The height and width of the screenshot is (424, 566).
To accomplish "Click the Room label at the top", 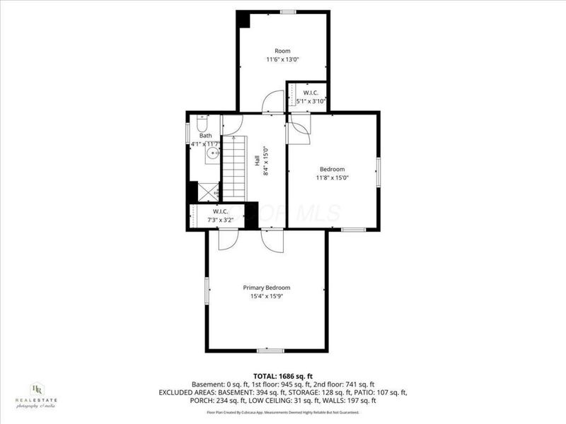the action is (282, 51).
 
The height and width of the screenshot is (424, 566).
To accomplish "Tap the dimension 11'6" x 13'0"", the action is (282, 59).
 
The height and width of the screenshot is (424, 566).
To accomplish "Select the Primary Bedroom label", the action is (267, 288).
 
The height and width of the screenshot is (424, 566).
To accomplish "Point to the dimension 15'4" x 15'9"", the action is (267, 296).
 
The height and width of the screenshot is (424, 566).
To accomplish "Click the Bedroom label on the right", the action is (332, 169).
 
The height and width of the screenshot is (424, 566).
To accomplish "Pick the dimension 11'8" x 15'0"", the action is (332, 177).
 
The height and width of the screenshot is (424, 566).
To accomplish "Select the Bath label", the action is (205, 136).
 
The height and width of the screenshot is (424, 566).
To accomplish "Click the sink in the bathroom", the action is (212, 152).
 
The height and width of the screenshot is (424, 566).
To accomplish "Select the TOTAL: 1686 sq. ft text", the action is (282, 375).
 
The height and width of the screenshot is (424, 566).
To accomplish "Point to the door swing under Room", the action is (273, 105).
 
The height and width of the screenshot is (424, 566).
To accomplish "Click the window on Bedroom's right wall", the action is (379, 173).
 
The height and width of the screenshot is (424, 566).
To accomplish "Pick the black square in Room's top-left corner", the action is (243, 19).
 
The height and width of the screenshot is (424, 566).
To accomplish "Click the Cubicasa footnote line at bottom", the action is (282, 412).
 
